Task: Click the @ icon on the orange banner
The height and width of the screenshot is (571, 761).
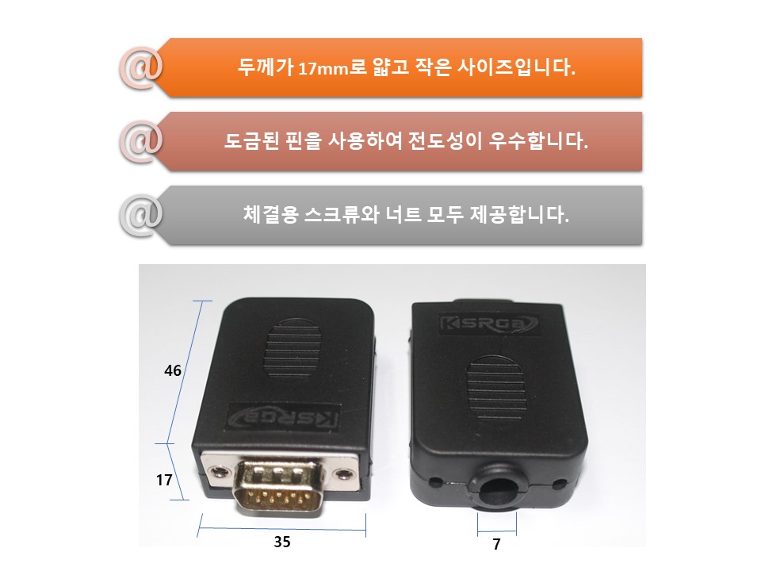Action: [x=141, y=69]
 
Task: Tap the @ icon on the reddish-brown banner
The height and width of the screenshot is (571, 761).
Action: [x=141, y=142]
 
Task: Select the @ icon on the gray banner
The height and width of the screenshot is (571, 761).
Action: [x=141, y=216]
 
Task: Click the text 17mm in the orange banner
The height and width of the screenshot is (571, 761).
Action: [x=323, y=68]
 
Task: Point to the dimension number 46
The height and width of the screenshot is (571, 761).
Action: [x=172, y=371]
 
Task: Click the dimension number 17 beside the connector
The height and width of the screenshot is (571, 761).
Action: [x=164, y=481]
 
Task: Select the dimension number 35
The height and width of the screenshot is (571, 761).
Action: [x=282, y=542]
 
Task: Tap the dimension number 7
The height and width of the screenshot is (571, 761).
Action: [x=496, y=544]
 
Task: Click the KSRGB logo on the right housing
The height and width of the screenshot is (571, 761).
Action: [x=488, y=324]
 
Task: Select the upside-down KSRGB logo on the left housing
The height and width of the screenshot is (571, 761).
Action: [x=283, y=416]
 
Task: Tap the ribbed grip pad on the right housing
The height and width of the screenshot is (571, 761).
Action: [x=496, y=388]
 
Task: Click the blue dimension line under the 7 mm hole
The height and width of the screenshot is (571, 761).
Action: [x=496, y=531]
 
